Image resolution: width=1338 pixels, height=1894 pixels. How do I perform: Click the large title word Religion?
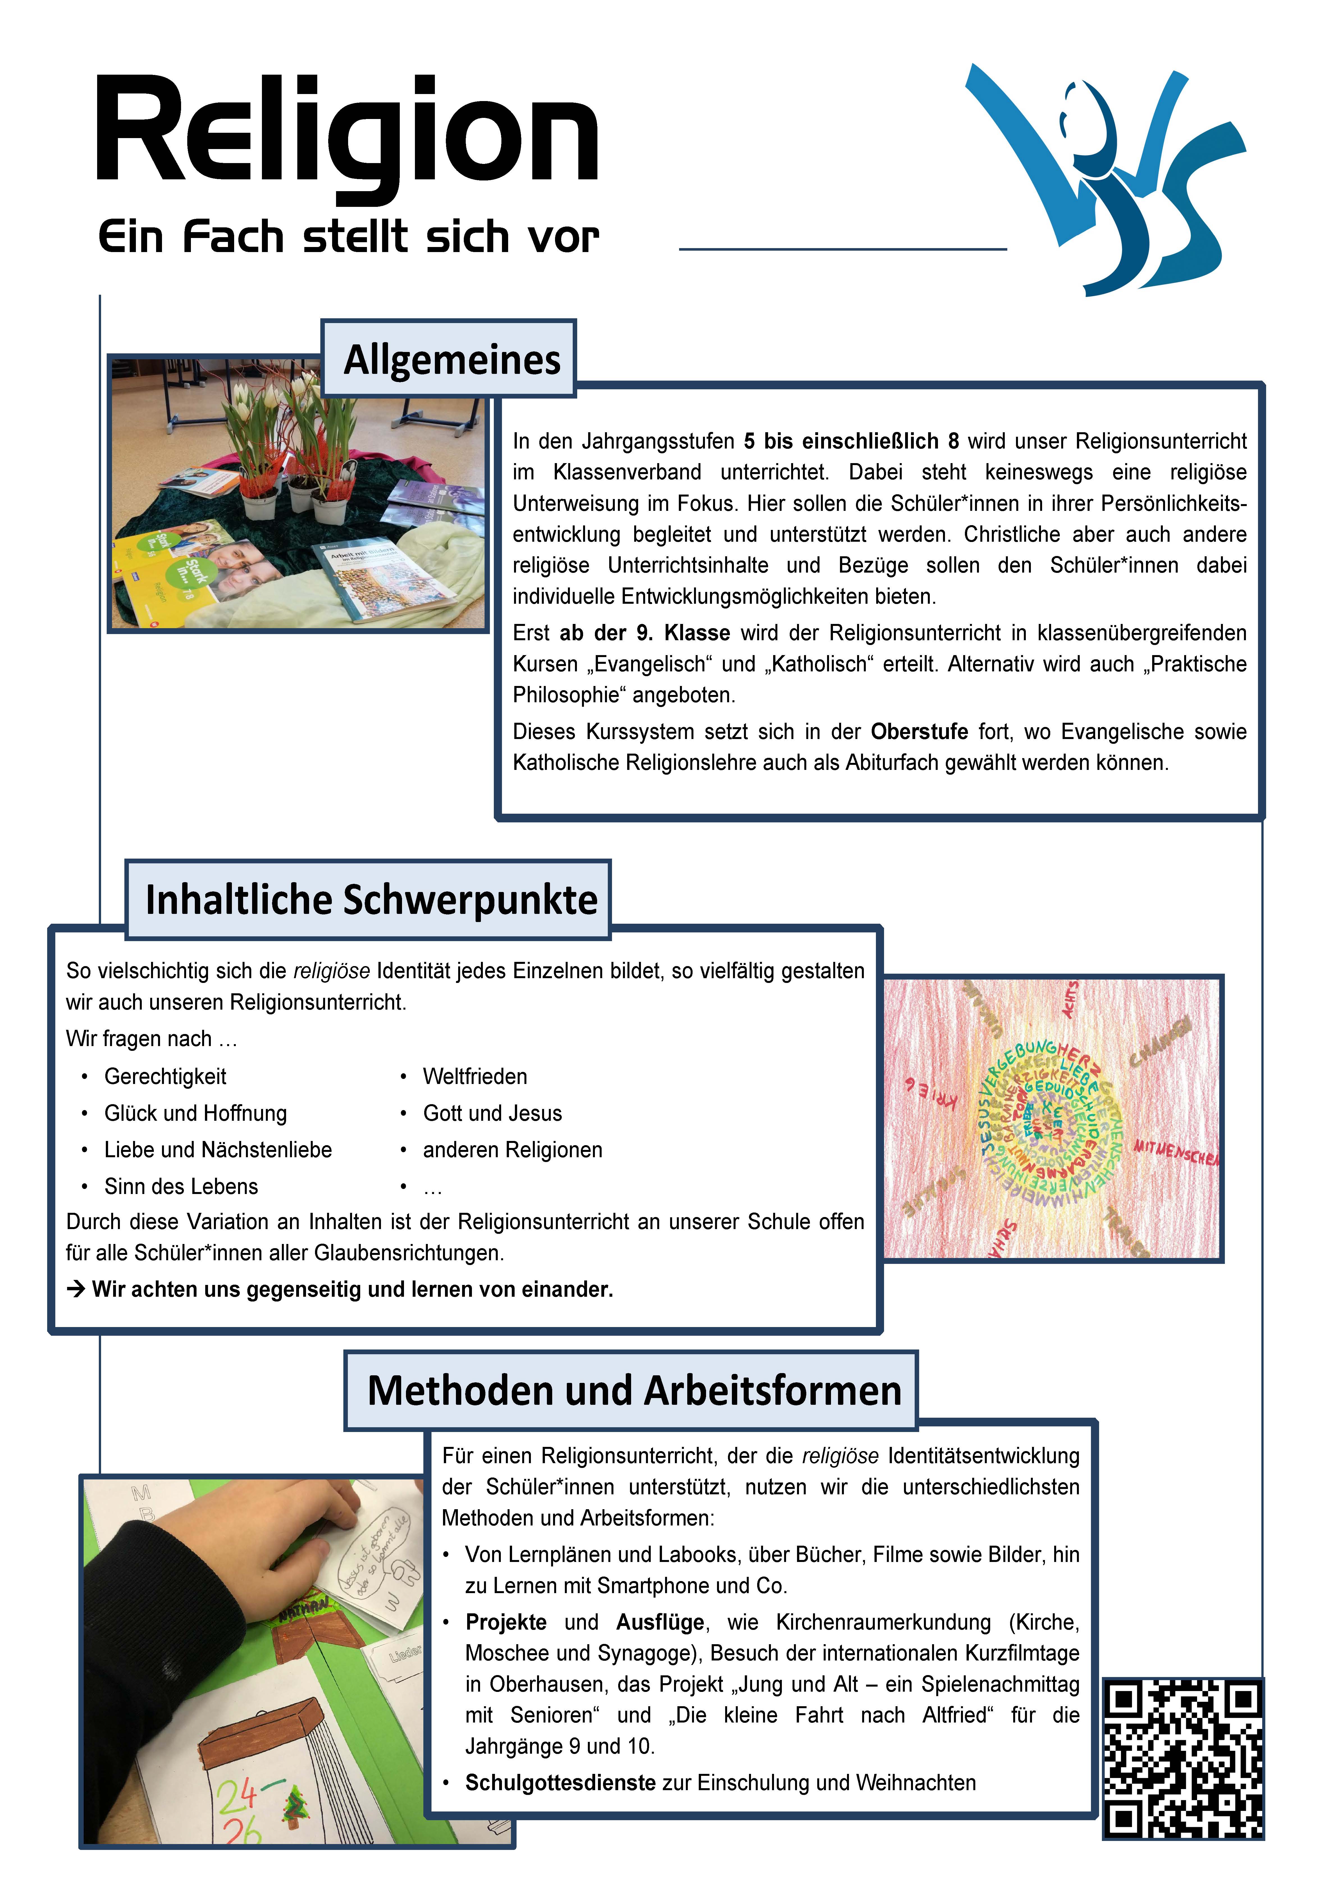[x=346, y=132]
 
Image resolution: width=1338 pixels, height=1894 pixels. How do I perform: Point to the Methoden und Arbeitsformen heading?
[x=634, y=1390]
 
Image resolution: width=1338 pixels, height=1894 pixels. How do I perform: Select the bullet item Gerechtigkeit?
[x=165, y=1076]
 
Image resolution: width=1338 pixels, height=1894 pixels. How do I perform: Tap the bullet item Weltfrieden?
[x=474, y=1076]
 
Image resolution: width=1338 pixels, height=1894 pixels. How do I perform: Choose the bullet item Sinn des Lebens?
[x=181, y=1186]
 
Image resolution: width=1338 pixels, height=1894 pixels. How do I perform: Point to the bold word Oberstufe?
[x=919, y=732]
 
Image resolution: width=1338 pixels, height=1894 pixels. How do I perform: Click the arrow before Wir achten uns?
[x=76, y=1289]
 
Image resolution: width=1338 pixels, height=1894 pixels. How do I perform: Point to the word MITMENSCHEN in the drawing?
[x=1175, y=1151]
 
